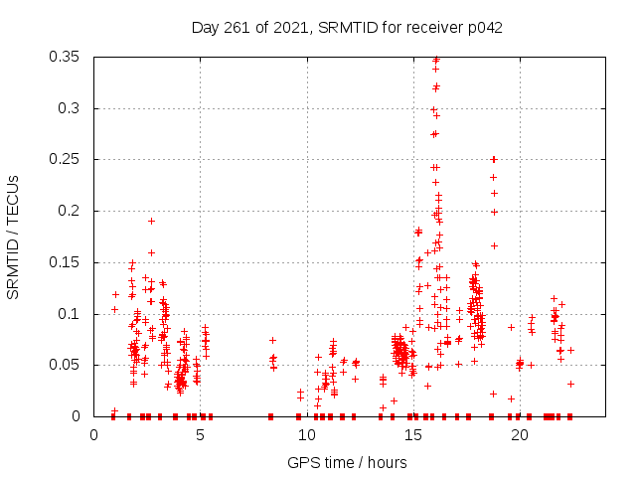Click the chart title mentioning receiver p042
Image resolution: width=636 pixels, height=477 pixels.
[347, 27]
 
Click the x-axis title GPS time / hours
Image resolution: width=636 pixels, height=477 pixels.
[347, 462]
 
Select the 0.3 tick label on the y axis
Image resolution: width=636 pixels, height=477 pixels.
[72, 108]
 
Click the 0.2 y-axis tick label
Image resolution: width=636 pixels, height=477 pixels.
[72, 211]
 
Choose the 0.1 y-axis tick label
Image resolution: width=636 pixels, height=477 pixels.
[72, 314]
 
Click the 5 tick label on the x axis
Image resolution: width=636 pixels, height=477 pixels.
[201, 434]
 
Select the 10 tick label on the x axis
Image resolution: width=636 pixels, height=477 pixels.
[307, 434]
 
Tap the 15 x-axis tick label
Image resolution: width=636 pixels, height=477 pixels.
[413, 434]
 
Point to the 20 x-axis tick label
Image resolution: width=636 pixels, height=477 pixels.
[520, 434]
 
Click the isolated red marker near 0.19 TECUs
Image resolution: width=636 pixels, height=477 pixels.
[151, 221]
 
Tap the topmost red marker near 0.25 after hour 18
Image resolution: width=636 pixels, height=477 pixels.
[494, 159]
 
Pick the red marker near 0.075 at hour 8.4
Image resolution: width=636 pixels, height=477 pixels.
[272, 340]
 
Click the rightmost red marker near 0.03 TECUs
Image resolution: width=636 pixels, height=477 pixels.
[570, 384]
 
